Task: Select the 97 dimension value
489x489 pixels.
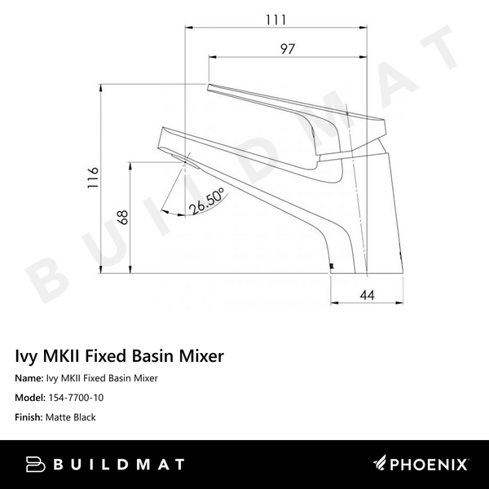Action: (287, 48)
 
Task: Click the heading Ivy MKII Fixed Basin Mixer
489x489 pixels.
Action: (120, 356)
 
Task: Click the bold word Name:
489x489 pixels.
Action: (31, 378)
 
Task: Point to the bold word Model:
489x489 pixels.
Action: (33, 398)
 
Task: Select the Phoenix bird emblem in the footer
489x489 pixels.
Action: (385, 465)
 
